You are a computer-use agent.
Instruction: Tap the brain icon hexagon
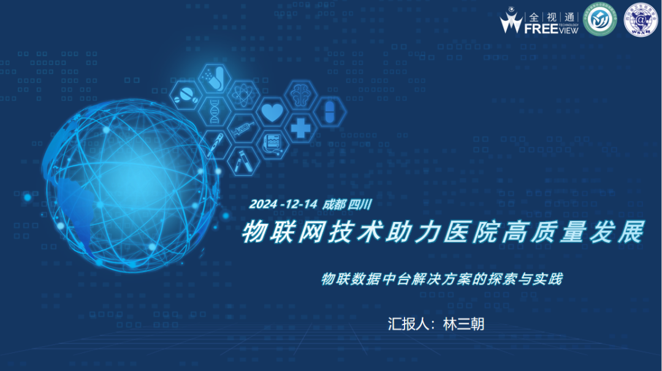(x=301, y=94)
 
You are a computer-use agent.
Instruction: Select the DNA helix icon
(x=214, y=112)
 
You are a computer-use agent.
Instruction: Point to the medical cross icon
(x=300, y=128)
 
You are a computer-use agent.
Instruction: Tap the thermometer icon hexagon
(x=215, y=145)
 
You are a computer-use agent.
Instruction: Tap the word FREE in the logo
(x=540, y=28)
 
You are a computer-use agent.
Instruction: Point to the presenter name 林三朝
(x=463, y=324)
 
